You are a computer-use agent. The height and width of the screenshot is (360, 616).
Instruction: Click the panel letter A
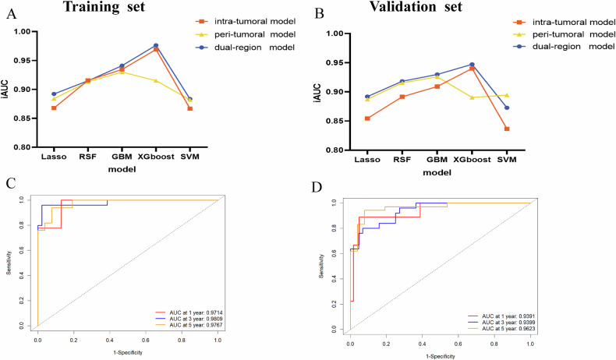(12, 13)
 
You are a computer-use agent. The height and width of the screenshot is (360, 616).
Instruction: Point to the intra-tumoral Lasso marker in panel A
(52, 108)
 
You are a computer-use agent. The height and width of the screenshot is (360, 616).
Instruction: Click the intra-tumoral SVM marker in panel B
(507, 129)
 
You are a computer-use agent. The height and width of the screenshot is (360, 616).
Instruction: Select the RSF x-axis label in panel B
(402, 160)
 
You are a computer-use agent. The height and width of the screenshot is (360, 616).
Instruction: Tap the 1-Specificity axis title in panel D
(441, 355)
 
